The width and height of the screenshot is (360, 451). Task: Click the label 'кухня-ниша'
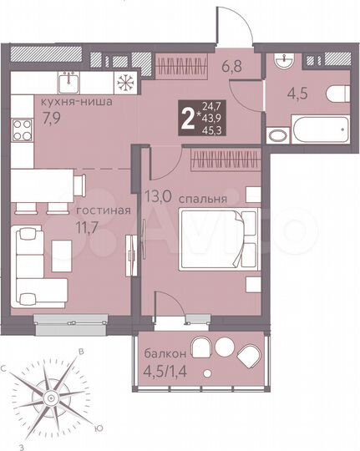[x=68, y=104]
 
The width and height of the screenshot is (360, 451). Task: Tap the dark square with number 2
[x=189, y=118]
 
